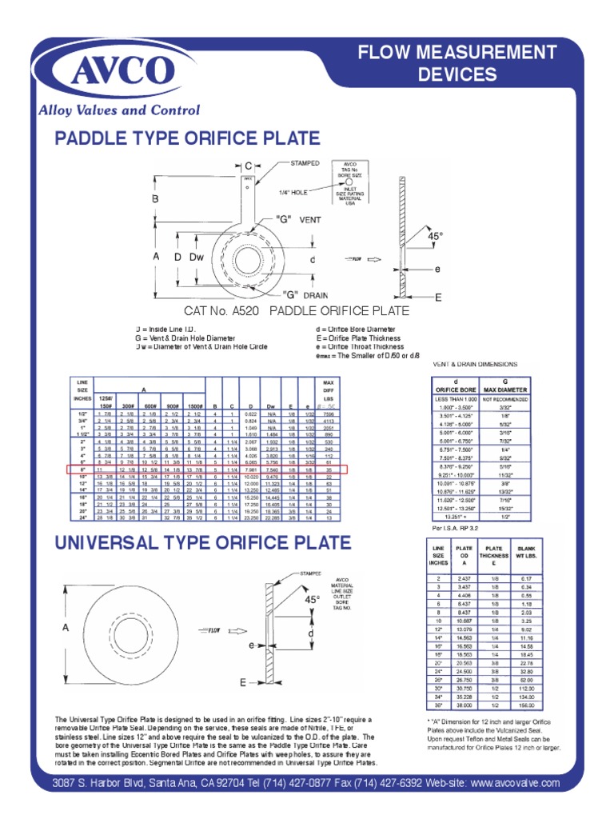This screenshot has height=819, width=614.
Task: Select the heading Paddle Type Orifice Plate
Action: click(187, 138)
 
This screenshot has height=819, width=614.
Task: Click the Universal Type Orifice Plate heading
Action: click(202, 543)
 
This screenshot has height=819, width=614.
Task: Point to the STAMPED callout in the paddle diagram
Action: click(305, 162)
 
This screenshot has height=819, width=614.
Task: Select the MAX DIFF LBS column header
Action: click(329, 390)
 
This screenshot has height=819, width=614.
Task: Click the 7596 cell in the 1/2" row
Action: click(329, 414)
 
